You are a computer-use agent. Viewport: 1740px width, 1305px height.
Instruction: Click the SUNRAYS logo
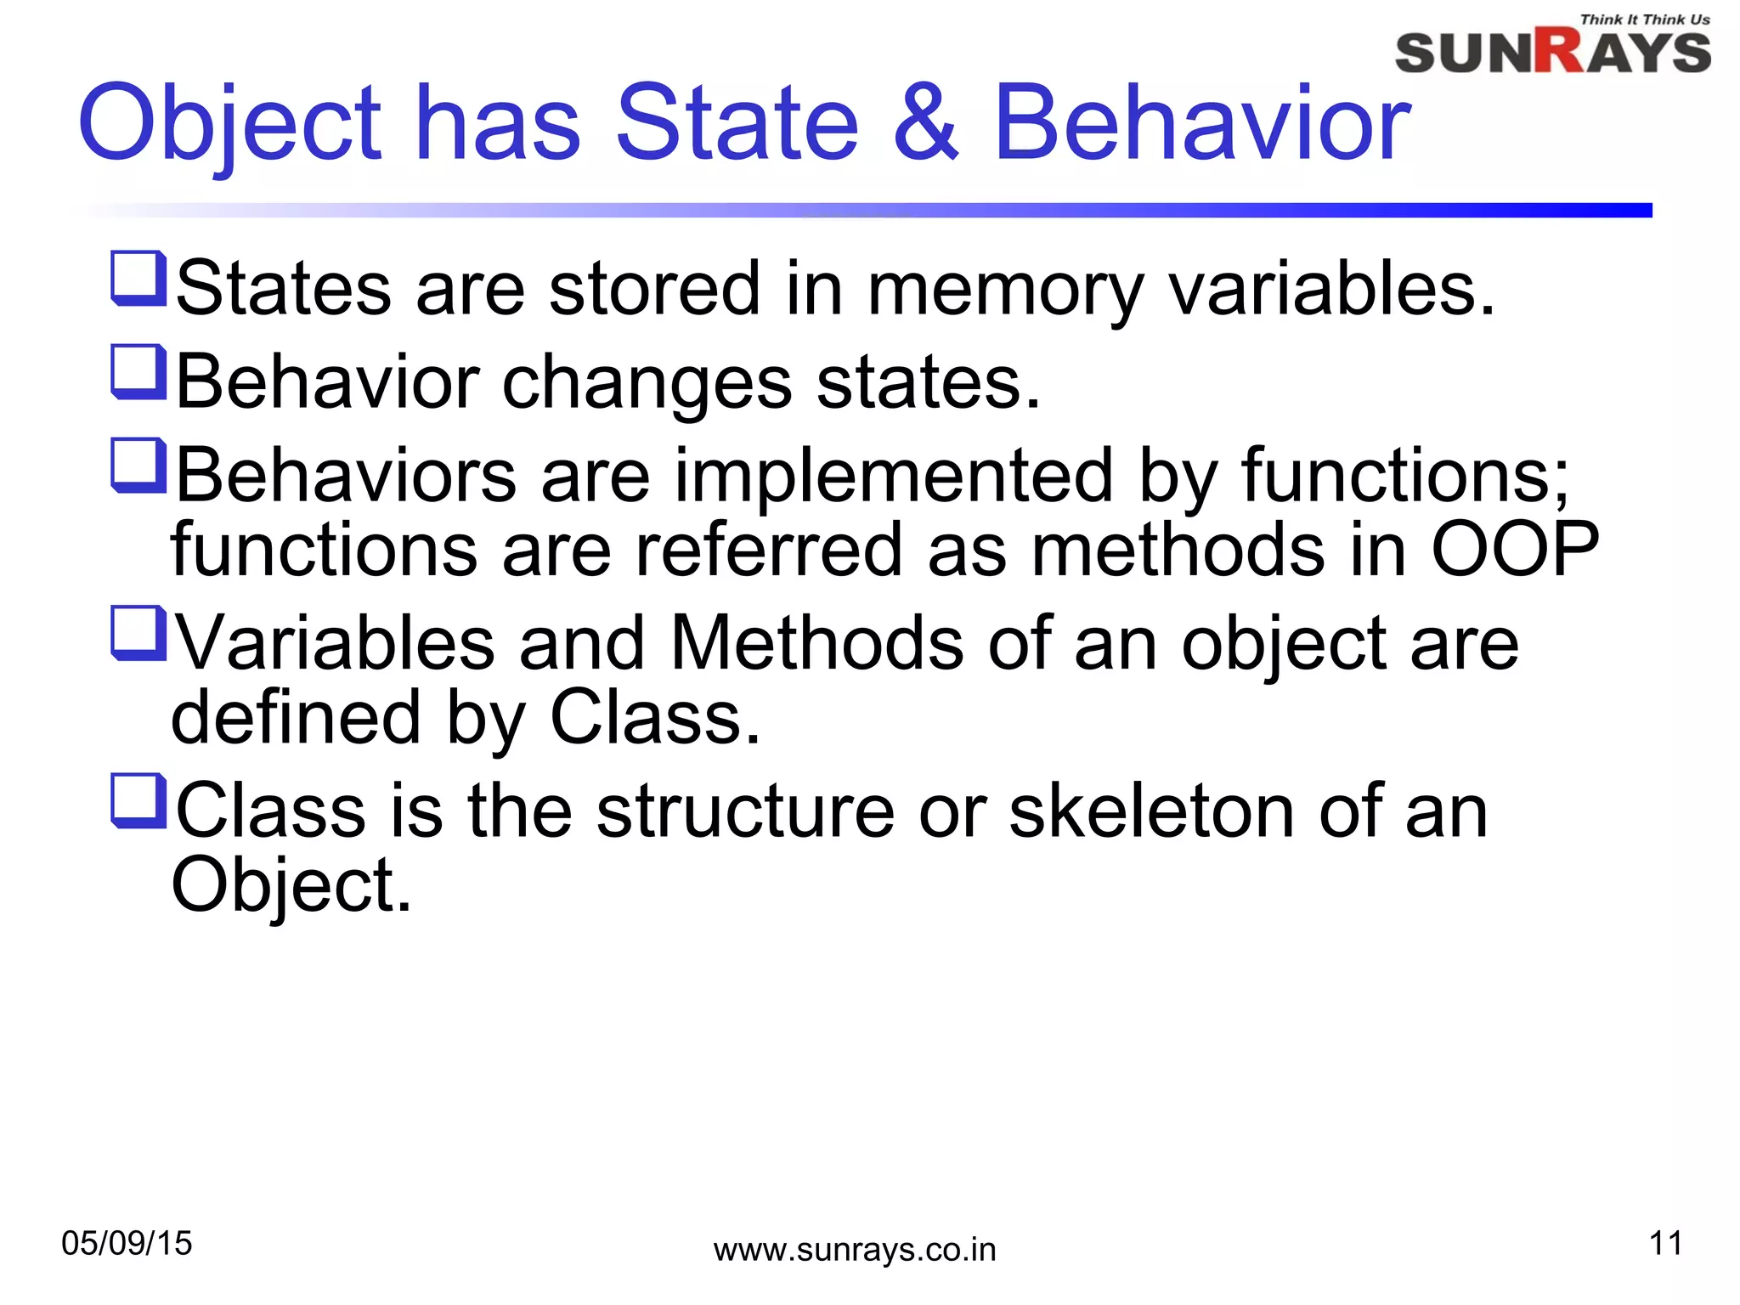click(x=1552, y=52)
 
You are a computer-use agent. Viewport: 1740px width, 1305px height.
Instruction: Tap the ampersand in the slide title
click(x=925, y=122)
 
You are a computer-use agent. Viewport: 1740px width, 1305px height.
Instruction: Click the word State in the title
click(x=737, y=122)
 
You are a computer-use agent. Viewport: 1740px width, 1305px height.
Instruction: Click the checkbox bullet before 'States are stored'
click(x=138, y=278)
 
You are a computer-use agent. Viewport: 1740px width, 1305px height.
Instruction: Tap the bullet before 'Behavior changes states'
click(x=138, y=371)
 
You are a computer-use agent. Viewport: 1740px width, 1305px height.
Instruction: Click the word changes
click(x=647, y=383)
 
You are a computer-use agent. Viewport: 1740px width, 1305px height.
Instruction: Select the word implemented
click(x=894, y=476)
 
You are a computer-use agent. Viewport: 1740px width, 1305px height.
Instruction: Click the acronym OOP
click(x=1515, y=550)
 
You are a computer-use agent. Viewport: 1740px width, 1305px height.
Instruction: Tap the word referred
click(x=768, y=550)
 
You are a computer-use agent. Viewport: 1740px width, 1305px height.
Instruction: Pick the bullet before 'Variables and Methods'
click(x=138, y=633)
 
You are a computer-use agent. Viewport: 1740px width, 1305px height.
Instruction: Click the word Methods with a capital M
click(x=816, y=643)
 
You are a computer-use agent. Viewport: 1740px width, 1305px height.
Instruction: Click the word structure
click(x=745, y=811)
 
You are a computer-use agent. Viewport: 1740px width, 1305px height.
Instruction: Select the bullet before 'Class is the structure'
click(x=138, y=800)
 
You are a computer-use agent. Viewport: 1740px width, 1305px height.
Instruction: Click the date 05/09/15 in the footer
click(x=127, y=1244)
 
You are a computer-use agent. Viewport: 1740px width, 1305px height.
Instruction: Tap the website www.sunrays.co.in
click(x=855, y=1251)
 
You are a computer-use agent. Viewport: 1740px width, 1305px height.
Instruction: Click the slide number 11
click(x=1665, y=1244)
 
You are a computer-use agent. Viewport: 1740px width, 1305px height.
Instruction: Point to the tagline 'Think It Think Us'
click(x=1644, y=20)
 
